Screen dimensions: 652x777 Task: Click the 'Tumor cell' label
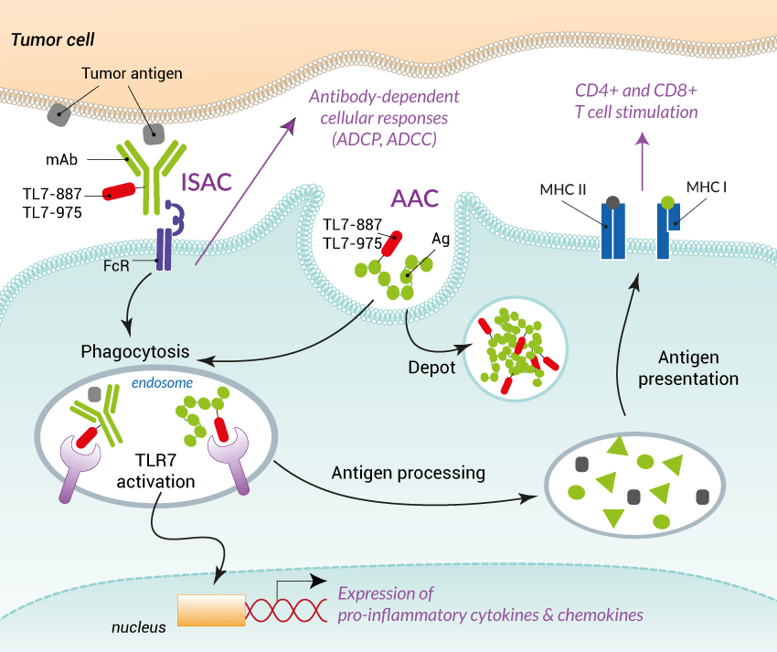pyautogui.click(x=52, y=39)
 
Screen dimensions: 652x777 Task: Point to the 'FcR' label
pyautogui.click(x=116, y=272)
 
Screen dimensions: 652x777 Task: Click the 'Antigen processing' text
pyautogui.click(x=408, y=473)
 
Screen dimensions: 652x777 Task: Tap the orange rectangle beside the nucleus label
pyautogui.click(x=211, y=610)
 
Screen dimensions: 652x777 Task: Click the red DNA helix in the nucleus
pyautogui.click(x=285, y=610)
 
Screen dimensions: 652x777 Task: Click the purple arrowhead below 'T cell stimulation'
pyautogui.click(x=642, y=138)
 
